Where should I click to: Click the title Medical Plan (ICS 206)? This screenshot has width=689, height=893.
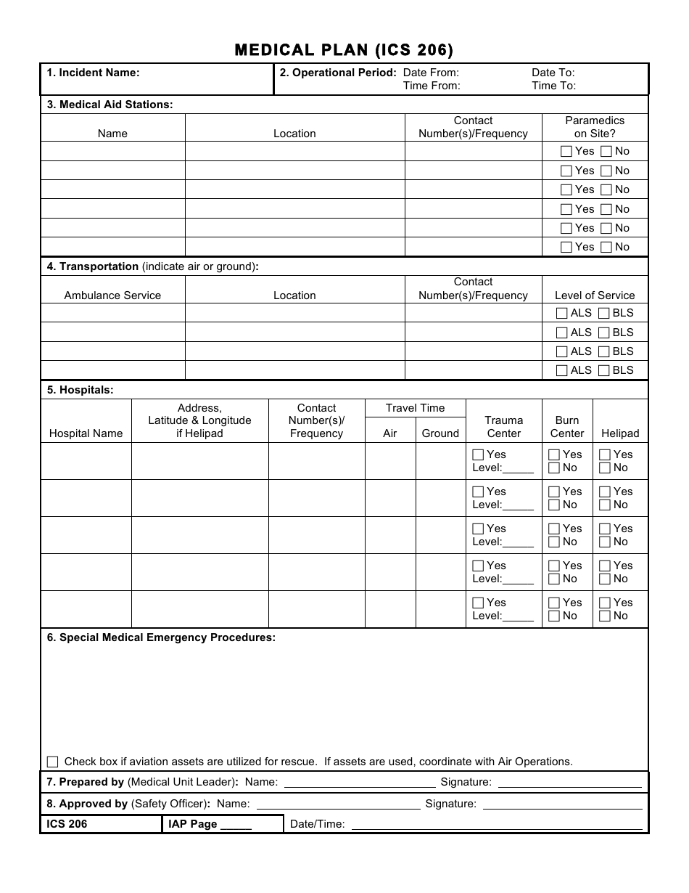pos(344,49)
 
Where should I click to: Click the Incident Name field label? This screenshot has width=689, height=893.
pos(93,73)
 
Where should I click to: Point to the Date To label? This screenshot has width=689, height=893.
pos(553,73)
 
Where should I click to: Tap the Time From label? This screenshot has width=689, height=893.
pos(432,86)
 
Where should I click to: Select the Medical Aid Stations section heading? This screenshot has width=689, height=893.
pos(110,105)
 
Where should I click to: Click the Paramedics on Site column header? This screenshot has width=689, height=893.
pos(595,127)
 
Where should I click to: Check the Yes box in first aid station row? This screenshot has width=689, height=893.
pos(566,152)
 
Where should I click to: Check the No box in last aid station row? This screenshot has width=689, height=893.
pos(604,248)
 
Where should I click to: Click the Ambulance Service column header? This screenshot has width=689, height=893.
pos(112,295)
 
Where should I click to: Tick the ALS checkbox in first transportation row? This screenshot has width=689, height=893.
pos(561,314)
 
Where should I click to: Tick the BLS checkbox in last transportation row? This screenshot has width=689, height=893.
pos(603,370)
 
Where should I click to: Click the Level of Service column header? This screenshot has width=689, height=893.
pos(595,295)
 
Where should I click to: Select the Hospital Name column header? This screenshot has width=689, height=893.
pos(86,433)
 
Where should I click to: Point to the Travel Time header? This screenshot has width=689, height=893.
pos(415,408)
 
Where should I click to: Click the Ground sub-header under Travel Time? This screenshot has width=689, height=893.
pos(440,433)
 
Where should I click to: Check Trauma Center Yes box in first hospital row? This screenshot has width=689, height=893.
pos(478,455)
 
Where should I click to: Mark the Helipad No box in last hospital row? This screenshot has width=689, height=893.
pos(604,616)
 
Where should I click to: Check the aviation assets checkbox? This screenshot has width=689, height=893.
pos(52,762)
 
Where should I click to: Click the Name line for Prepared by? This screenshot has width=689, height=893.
pos(359,783)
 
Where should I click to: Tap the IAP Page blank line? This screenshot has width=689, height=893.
pos(236,825)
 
